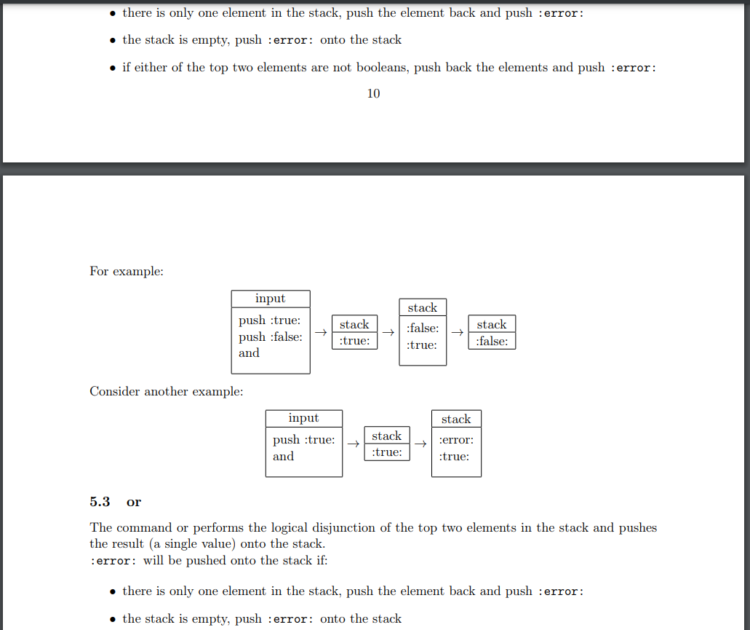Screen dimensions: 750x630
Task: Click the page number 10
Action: pyautogui.click(x=373, y=93)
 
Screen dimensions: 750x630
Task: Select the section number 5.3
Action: pyautogui.click(x=100, y=502)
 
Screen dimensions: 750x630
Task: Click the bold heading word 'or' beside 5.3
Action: pyautogui.click(x=134, y=502)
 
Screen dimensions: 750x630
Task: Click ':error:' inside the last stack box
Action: pyautogui.click(x=456, y=440)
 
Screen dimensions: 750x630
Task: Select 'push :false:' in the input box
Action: pyautogui.click(x=271, y=336)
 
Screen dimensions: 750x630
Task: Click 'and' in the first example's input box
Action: pyautogui.click(x=249, y=353)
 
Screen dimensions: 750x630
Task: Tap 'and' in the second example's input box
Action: pyautogui.click(x=283, y=457)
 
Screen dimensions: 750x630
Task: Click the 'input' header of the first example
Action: pyautogui.click(x=270, y=299)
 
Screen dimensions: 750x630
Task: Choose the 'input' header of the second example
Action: pyautogui.click(x=303, y=418)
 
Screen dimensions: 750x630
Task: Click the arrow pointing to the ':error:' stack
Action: pyautogui.click(x=420, y=443)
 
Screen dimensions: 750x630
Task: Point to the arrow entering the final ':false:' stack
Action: pyautogui.click(x=457, y=332)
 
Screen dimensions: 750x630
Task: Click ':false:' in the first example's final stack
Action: pyautogui.click(x=492, y=341)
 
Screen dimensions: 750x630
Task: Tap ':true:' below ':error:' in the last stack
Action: pyautogui.click(x=454, y=457)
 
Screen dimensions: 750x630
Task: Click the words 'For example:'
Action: pyautogui.click(x=127, y=271)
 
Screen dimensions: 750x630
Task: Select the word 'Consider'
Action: pyautogui.click(x=115, y=391)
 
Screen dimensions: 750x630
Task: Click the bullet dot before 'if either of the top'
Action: pyautogui.click(x=112, y=68)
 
